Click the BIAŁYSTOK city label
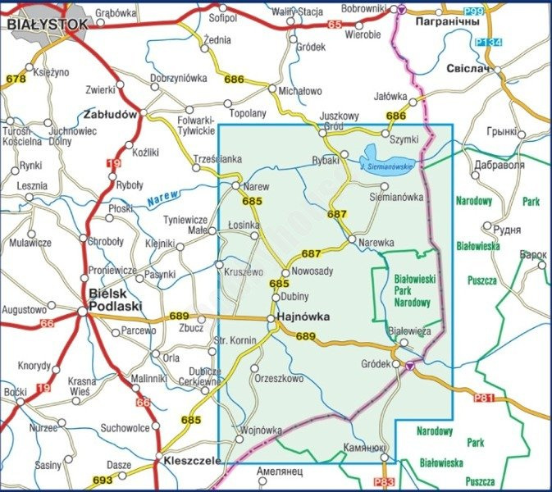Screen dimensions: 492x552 click(47, 25)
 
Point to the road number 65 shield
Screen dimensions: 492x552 click(334, 25)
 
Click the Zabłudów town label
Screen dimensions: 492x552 click(109, 115)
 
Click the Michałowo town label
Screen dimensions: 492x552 click(300, 91)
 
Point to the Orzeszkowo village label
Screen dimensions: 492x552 click(279, 379)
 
